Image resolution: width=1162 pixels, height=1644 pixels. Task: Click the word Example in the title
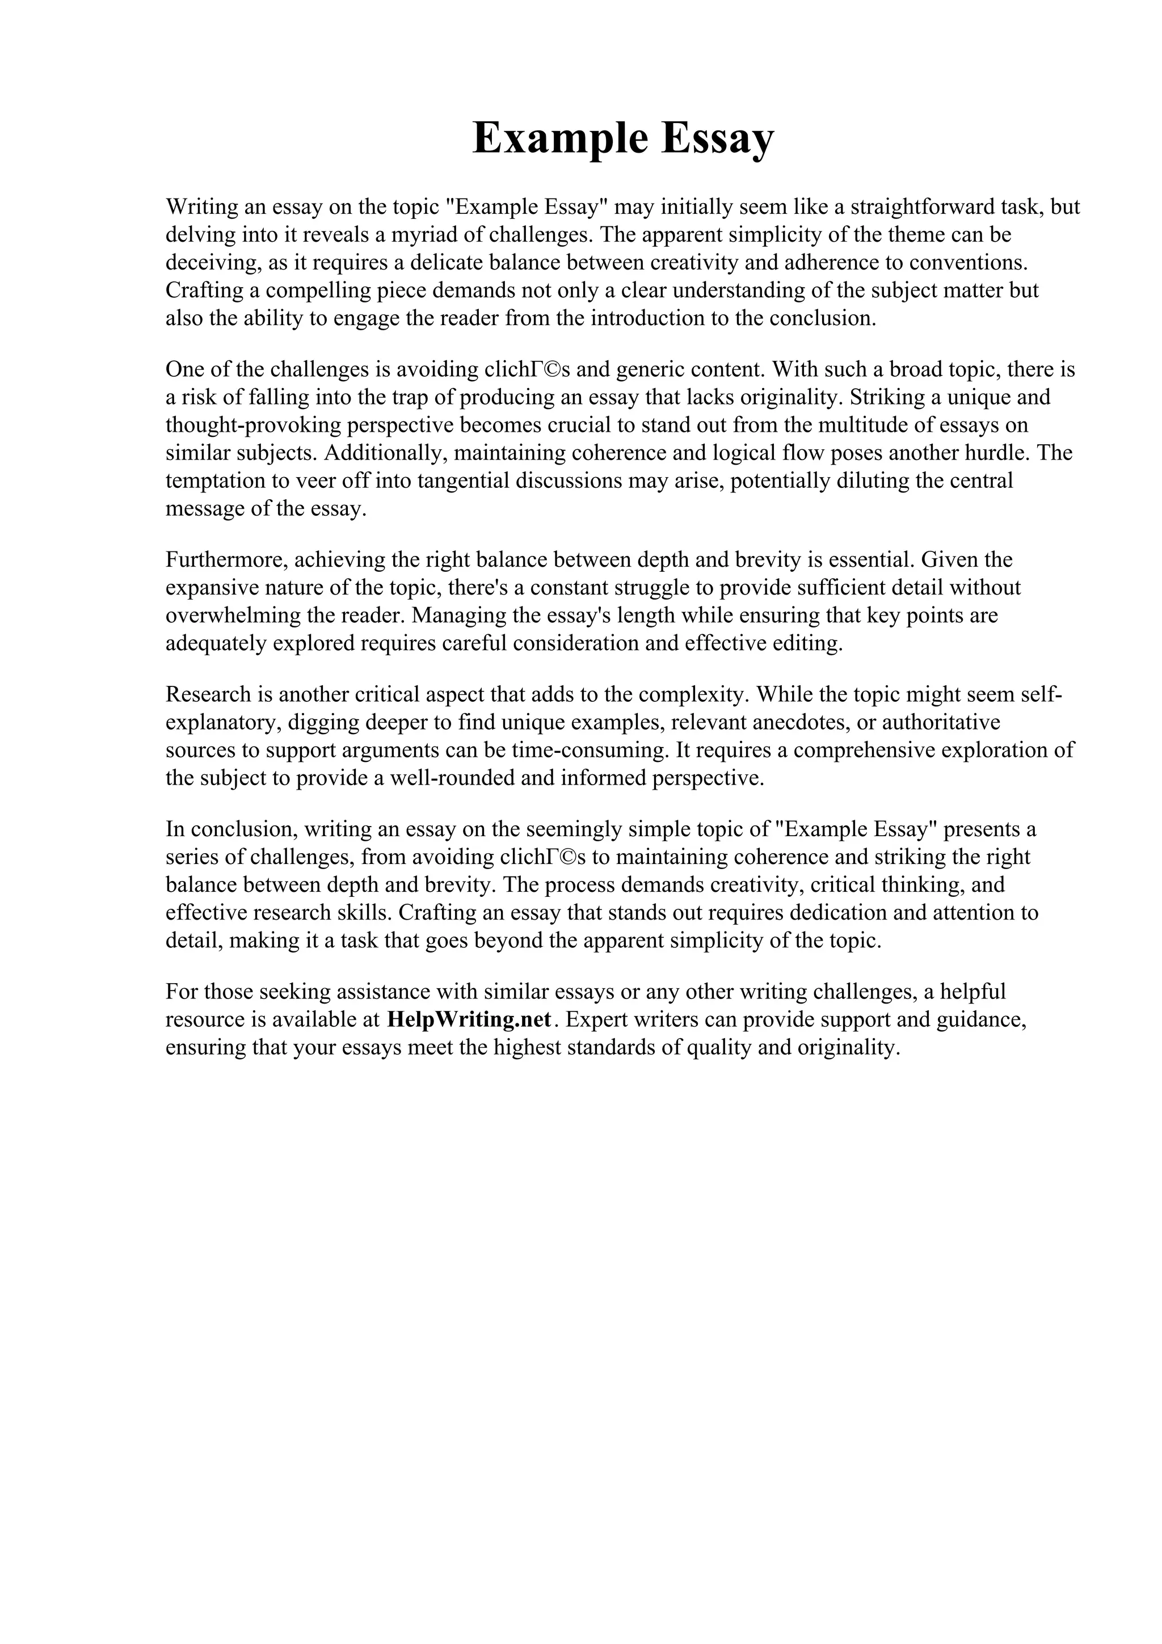point(560,138)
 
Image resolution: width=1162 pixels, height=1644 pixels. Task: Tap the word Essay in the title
point(717,138)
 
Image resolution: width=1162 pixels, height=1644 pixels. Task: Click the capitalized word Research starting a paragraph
point(208,694)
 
